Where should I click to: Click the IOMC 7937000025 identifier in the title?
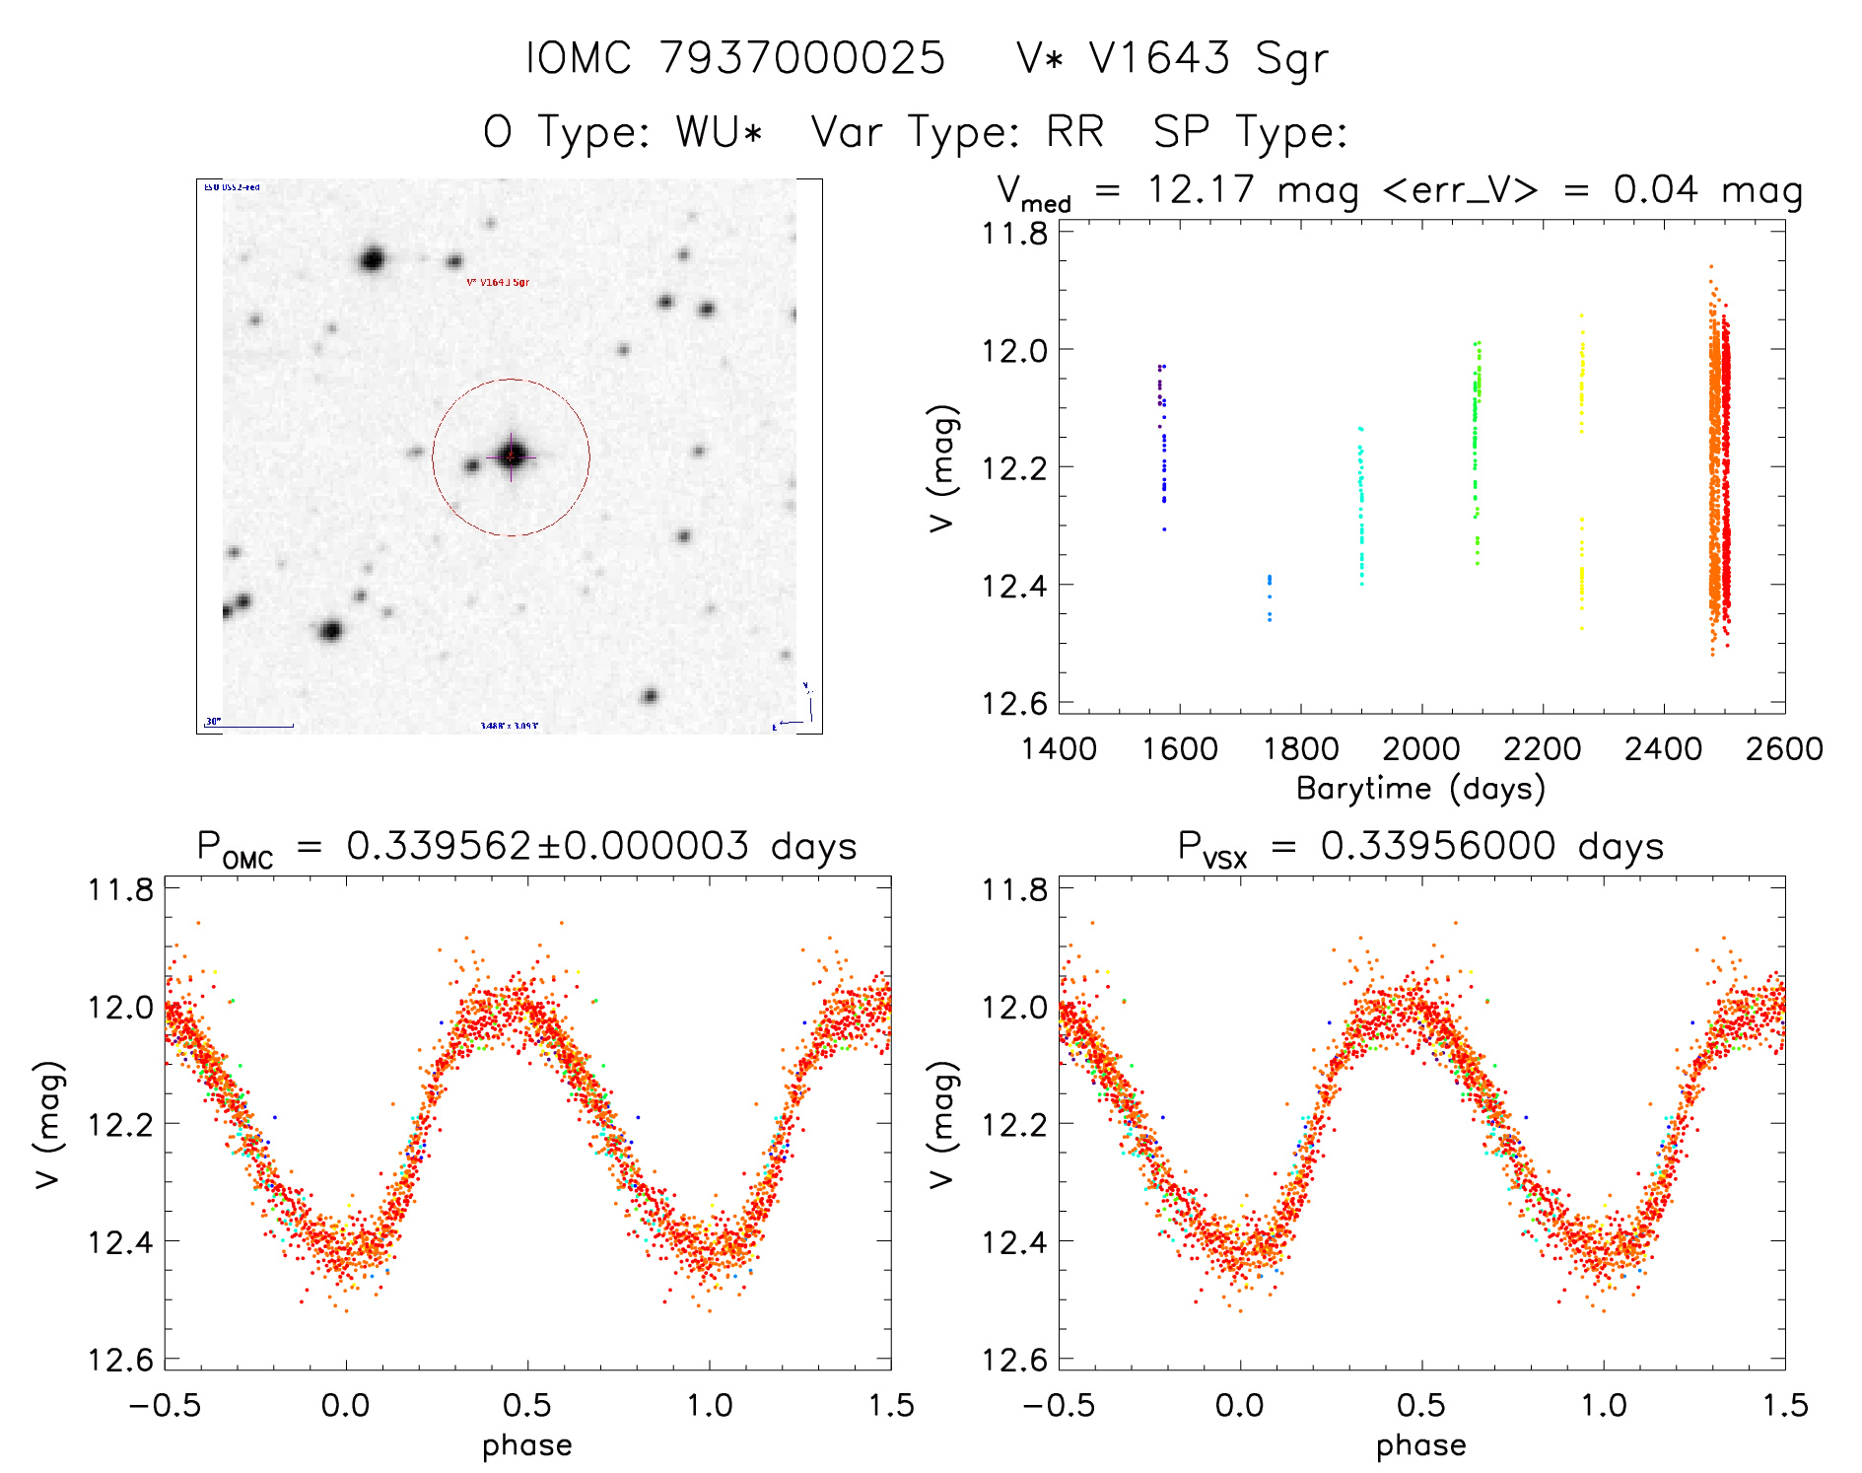[x=735, y=58]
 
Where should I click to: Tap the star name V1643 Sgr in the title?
[x=1173, y=58]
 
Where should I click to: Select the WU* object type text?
[x=719, y=131]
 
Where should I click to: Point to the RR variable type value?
[x=1074, y=131]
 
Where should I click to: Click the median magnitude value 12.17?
[x=1200, y=189]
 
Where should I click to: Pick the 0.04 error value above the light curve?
[x=1656, y=189]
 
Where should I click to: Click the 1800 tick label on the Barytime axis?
[x=1301, y=749]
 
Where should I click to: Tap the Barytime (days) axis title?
[x=1420, y=789]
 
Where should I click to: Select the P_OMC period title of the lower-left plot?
[x=526, y=847]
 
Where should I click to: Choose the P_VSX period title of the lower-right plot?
[x=1420, y=847]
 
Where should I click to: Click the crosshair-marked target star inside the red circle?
[x=511, y=456]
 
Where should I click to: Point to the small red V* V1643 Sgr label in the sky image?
[x=498, y=283]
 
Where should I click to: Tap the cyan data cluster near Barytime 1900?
[x=1361, y=508]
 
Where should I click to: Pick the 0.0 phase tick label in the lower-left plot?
[x=345, y=1405]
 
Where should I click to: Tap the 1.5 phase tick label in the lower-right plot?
[x=1785, y=1405]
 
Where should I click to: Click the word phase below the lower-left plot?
[x=526, y=1445]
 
